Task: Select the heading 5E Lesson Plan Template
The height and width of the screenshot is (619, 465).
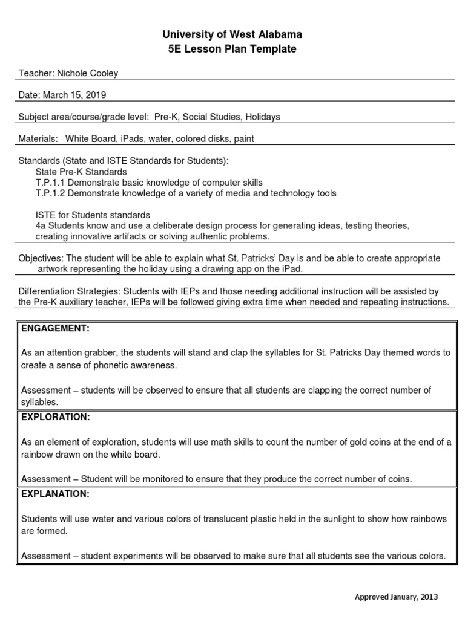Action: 232,49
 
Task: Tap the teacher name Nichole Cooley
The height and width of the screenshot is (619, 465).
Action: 87,73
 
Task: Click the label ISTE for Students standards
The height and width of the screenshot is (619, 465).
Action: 93,215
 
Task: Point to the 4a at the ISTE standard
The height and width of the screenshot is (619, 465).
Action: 40,226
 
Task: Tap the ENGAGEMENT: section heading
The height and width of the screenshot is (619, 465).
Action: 55,328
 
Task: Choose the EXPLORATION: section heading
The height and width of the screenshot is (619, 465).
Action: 56,417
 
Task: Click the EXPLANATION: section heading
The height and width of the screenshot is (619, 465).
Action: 55,494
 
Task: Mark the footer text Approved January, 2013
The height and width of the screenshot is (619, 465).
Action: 395,597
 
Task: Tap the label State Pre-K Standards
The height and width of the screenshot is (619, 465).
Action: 81,172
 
